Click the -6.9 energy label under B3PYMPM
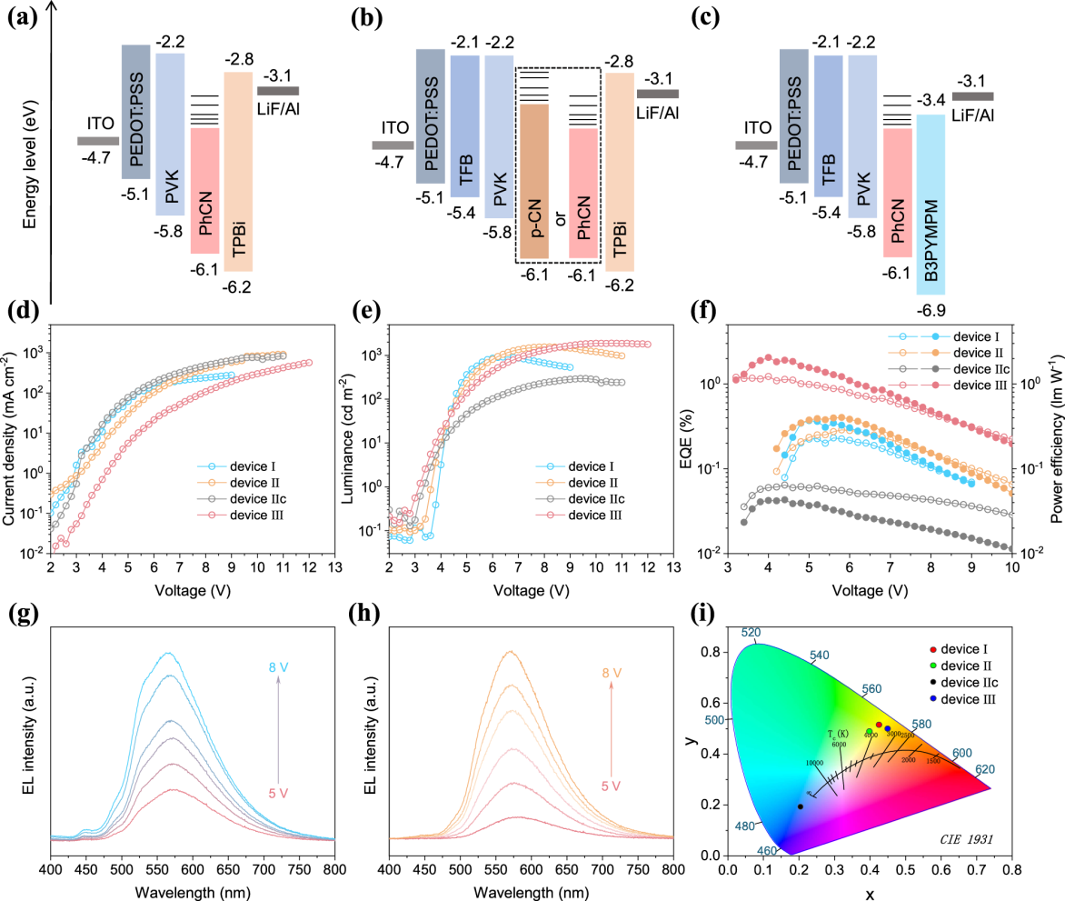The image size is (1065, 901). (931, 311)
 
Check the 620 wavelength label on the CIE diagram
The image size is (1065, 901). (985, 769)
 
